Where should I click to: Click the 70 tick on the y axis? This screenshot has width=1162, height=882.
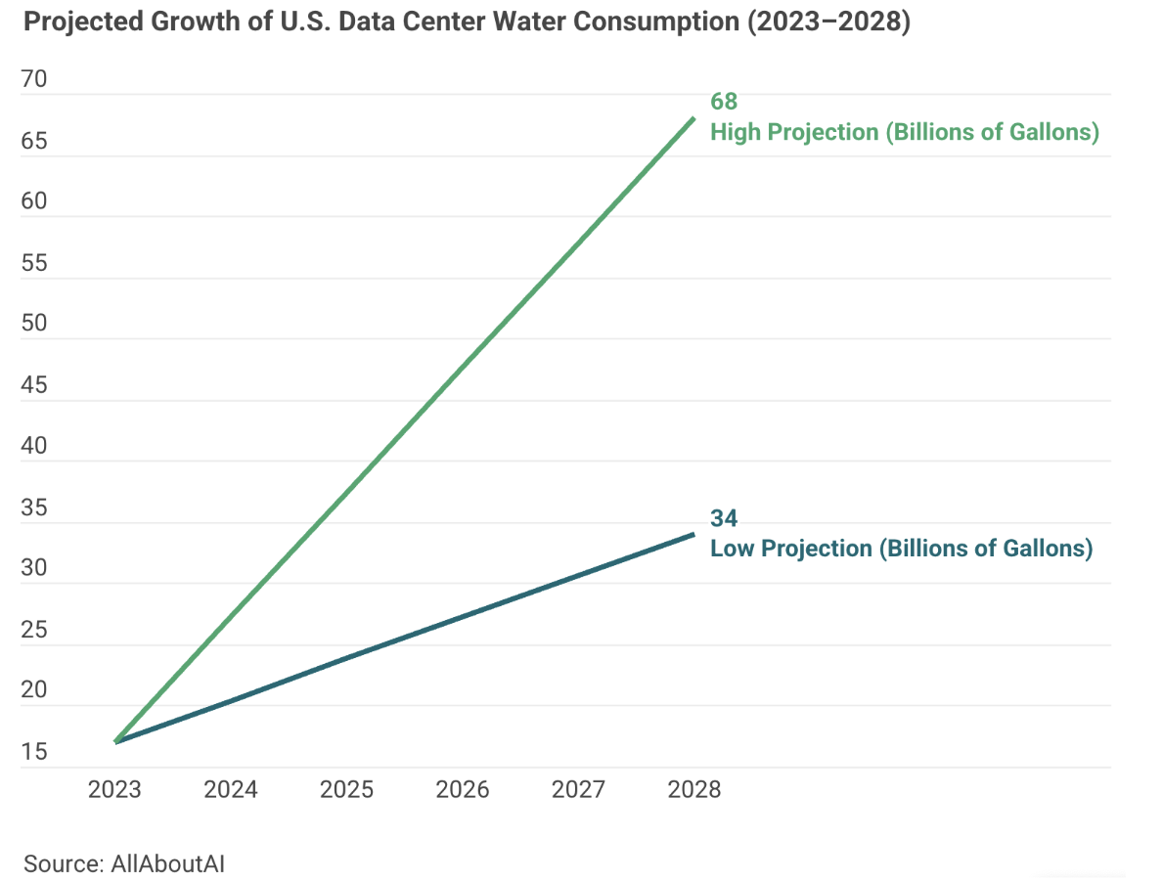[x=34, y=80]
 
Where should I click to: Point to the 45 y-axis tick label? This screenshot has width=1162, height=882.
[x=34, y=385]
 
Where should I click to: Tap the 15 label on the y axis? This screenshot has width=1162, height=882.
[x=34, y=752]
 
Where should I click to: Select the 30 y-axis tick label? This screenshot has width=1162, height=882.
[x=34, y=569]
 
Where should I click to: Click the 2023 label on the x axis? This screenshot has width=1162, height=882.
[x=114, y=790]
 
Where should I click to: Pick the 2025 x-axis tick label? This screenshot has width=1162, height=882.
[x=346, y=790]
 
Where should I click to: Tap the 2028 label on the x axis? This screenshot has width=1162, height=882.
[x=693, y=790]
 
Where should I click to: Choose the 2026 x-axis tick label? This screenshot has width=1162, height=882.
[x=462, y=790]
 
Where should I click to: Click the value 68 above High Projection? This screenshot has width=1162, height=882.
[x=724, y=102]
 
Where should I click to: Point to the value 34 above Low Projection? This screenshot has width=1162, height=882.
[x=724, y=518]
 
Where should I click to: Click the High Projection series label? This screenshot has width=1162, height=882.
[x=905, y=132]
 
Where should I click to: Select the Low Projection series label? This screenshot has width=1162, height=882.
[x=901, y=549]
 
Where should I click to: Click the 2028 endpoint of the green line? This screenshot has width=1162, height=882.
[x=693, y=118]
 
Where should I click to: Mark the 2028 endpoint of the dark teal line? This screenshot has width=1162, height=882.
[x=693, y=534]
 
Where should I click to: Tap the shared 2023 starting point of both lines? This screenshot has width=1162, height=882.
[x=115, y=742]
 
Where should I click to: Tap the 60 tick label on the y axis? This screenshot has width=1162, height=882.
[x=34, y=202]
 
